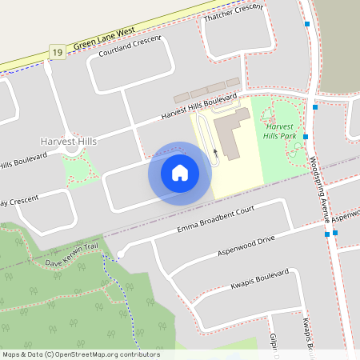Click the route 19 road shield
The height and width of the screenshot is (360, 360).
click(56, 52)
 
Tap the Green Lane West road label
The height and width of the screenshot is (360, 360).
click(104, 40)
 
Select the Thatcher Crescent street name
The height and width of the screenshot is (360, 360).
click(234, 17)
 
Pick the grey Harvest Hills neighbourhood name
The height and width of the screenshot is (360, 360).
click(68, 142)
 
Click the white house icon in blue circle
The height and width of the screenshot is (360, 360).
click(180, 173)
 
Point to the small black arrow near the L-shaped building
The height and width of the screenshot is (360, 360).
click(215, 150)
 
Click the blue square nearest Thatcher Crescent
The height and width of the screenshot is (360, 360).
click(307, 25)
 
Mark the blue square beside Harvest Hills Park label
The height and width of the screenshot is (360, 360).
click(306, 137)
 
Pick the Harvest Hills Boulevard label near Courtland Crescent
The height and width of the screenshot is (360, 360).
click(200, 106)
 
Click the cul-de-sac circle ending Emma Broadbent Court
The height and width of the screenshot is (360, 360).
click(120, 254)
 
